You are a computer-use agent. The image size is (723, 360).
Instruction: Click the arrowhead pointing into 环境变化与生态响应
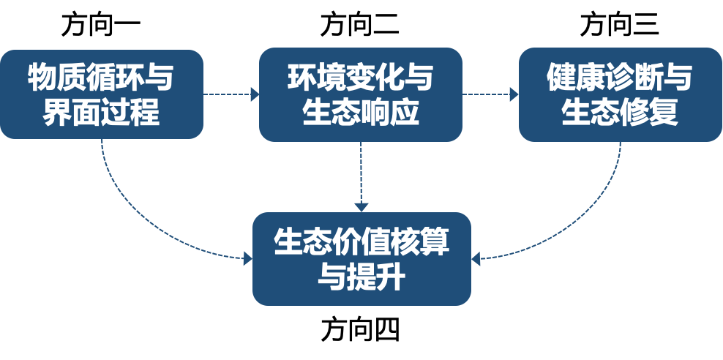click(255, 94)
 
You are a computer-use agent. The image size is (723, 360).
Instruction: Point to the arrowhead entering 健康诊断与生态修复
click(514, 94)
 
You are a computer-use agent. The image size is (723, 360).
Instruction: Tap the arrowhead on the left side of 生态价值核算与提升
click(247, 258)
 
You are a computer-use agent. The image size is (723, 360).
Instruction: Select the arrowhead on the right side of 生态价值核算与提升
click(476, 258)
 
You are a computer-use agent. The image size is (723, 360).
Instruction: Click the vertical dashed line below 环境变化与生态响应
click(361, 172)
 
